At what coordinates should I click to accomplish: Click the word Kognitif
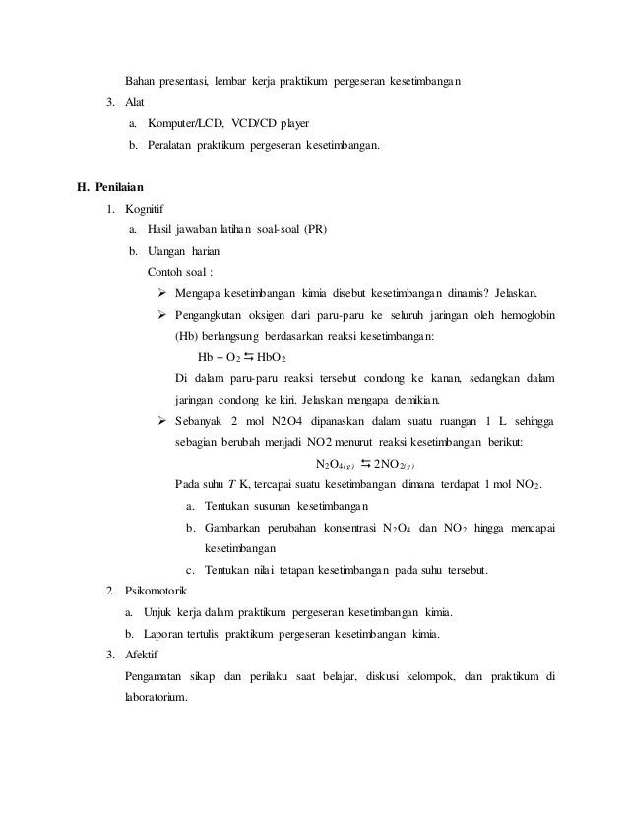pyautogui.click(x=146, y=209)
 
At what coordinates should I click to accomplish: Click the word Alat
pyautogui.click(x=136, y=101)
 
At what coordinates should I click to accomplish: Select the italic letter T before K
pyautogui.click(x=232, y=485)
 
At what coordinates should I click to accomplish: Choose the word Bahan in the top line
pyautogui.click(x=141, y=80)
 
